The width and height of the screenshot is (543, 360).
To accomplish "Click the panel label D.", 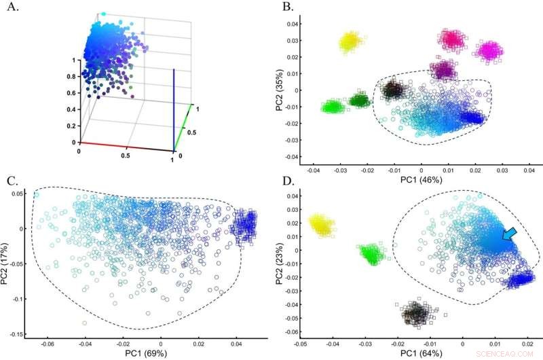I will click(287, 180).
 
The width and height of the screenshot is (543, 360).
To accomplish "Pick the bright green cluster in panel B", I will click(333, 107).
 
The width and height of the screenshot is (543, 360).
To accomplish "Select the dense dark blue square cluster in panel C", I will click(245, 223).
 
